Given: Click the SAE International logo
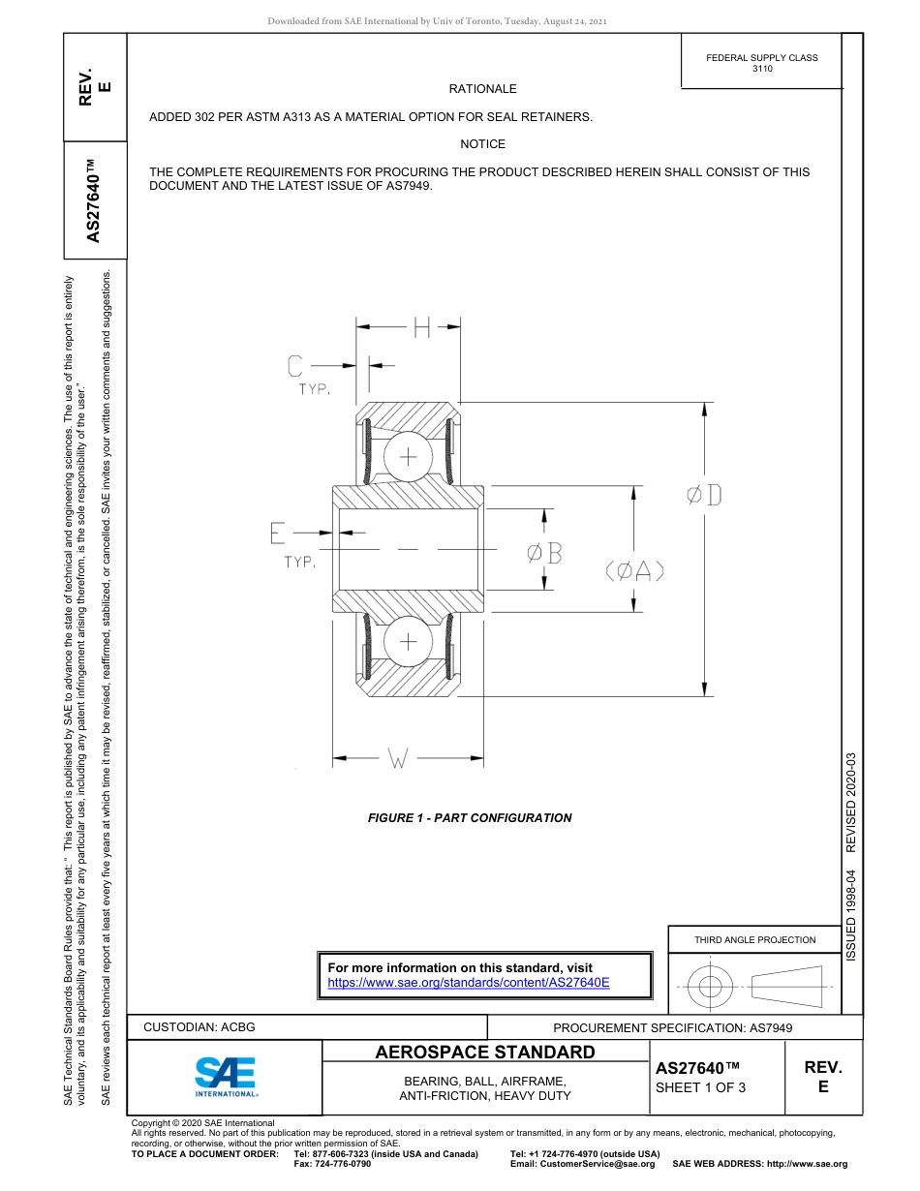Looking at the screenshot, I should click(x=226, y=1076).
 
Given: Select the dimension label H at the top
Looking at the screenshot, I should click(x=421, y=328).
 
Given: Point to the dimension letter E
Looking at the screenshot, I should click(x=278, y=532).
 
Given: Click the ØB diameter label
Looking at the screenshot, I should click(x=544, y=553).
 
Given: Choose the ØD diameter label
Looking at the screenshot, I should click(x=704, y=496).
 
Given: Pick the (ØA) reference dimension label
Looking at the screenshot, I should click(x=634, y=571).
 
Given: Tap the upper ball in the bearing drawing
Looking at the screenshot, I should click(x=408, y=456).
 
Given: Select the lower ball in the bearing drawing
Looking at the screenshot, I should click(x=408, y=640).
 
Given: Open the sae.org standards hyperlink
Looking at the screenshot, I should click(x=469, y=982).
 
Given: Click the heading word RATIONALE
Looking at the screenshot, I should click(x=482, y=89).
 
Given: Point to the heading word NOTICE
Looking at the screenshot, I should click(x=482, y=144).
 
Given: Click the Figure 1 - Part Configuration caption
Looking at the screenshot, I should click(x=470, y=818).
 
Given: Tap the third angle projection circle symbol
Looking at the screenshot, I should click(x=711, y=987).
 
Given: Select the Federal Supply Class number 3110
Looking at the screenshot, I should click(x=762, y=70).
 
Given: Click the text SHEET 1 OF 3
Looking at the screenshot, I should click(x=701, y=1086).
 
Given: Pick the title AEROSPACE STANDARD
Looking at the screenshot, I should click(x=485, y=1053).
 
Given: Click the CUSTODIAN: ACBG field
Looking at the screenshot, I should click(x=199, y=1027).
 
